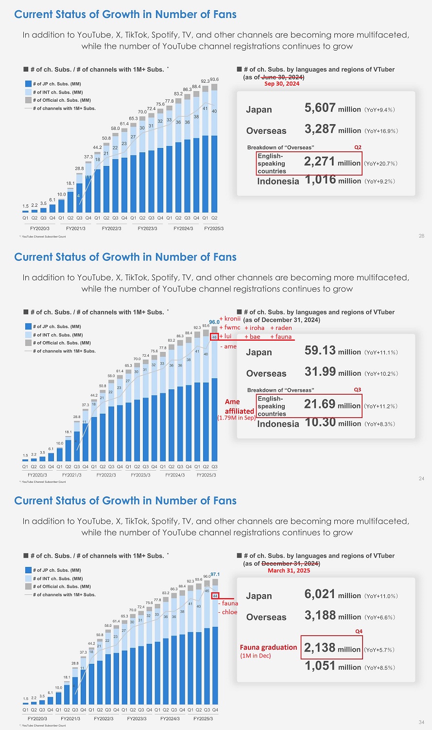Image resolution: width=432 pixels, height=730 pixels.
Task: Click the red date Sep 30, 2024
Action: click(282, 84)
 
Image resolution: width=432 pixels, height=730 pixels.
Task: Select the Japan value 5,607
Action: click(320, 108)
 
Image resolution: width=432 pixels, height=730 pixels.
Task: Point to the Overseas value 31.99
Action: click(320, 372)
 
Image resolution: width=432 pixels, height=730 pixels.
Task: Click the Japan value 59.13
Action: click(320, 350)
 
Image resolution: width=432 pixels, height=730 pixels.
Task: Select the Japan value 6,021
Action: click(320, 594)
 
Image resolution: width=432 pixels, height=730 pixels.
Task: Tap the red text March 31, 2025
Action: click(289, 570)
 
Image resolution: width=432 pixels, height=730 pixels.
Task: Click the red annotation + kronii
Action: click(230, 319)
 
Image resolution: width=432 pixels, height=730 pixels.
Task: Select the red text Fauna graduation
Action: click(268, 647)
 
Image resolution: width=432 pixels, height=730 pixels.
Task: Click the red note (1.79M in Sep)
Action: click(236, 418)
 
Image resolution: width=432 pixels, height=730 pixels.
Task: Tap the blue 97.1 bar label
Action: click(215, 574)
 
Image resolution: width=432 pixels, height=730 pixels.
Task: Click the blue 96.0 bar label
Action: click(214, 322)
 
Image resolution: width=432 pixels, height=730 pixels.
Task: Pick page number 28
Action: click(421, 236)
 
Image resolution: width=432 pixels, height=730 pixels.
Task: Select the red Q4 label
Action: click(359, 631)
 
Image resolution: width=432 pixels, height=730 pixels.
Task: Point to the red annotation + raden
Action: click(281, 328)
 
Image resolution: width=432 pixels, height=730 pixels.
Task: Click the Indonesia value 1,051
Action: click(320, 666)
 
